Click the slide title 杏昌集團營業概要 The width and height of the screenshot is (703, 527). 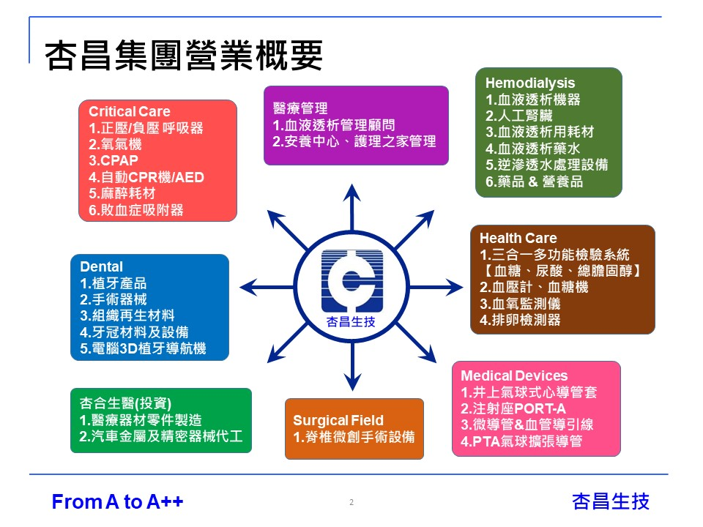point(183,56)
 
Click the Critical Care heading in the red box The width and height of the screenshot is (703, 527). point(129,111)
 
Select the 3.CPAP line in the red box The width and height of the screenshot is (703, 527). point(114,160)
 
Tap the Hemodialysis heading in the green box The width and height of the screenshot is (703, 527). point(530,83)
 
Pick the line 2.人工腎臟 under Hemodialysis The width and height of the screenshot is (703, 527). point(518,116)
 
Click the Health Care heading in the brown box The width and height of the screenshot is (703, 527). point(518,238)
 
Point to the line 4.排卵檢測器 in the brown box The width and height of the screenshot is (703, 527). point(520,320)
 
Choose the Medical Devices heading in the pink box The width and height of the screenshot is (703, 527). point(514,375)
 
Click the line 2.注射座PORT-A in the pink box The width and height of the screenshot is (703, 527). point(513,408)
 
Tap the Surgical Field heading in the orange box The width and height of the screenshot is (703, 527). point(338,420)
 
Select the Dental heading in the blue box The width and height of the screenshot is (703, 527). point(101,266)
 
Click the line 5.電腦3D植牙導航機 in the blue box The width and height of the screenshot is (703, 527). point(143,348)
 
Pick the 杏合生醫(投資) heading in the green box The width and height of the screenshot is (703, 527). point(125,403)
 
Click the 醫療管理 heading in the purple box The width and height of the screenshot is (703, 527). point(300,108)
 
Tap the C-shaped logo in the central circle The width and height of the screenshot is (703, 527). point(352,281)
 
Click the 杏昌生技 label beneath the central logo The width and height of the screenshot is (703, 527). point(351,322)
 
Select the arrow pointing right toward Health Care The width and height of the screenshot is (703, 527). point(435,287)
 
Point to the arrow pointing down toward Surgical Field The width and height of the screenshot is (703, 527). point(352,366)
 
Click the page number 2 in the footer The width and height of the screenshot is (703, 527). point(351,502)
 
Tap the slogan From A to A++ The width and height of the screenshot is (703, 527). point(117,501)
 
